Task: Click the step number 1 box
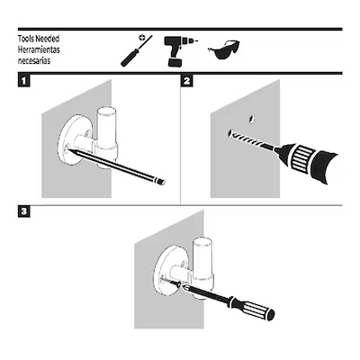coord(24,81)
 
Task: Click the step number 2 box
coord(186,81)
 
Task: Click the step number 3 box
coord(24,211)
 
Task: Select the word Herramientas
coord(39,49)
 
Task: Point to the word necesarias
coord(34,60)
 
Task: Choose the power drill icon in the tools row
coord(179,51)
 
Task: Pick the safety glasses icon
coord(224,49)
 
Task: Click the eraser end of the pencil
coord(161,182)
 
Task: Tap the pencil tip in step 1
coord(69,148)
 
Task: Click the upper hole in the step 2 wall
coord(251,120)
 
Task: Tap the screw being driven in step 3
coord(172,283)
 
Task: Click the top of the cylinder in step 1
coord(105,109)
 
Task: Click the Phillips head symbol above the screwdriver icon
coord(142,38)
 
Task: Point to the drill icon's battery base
coord(175,62)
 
